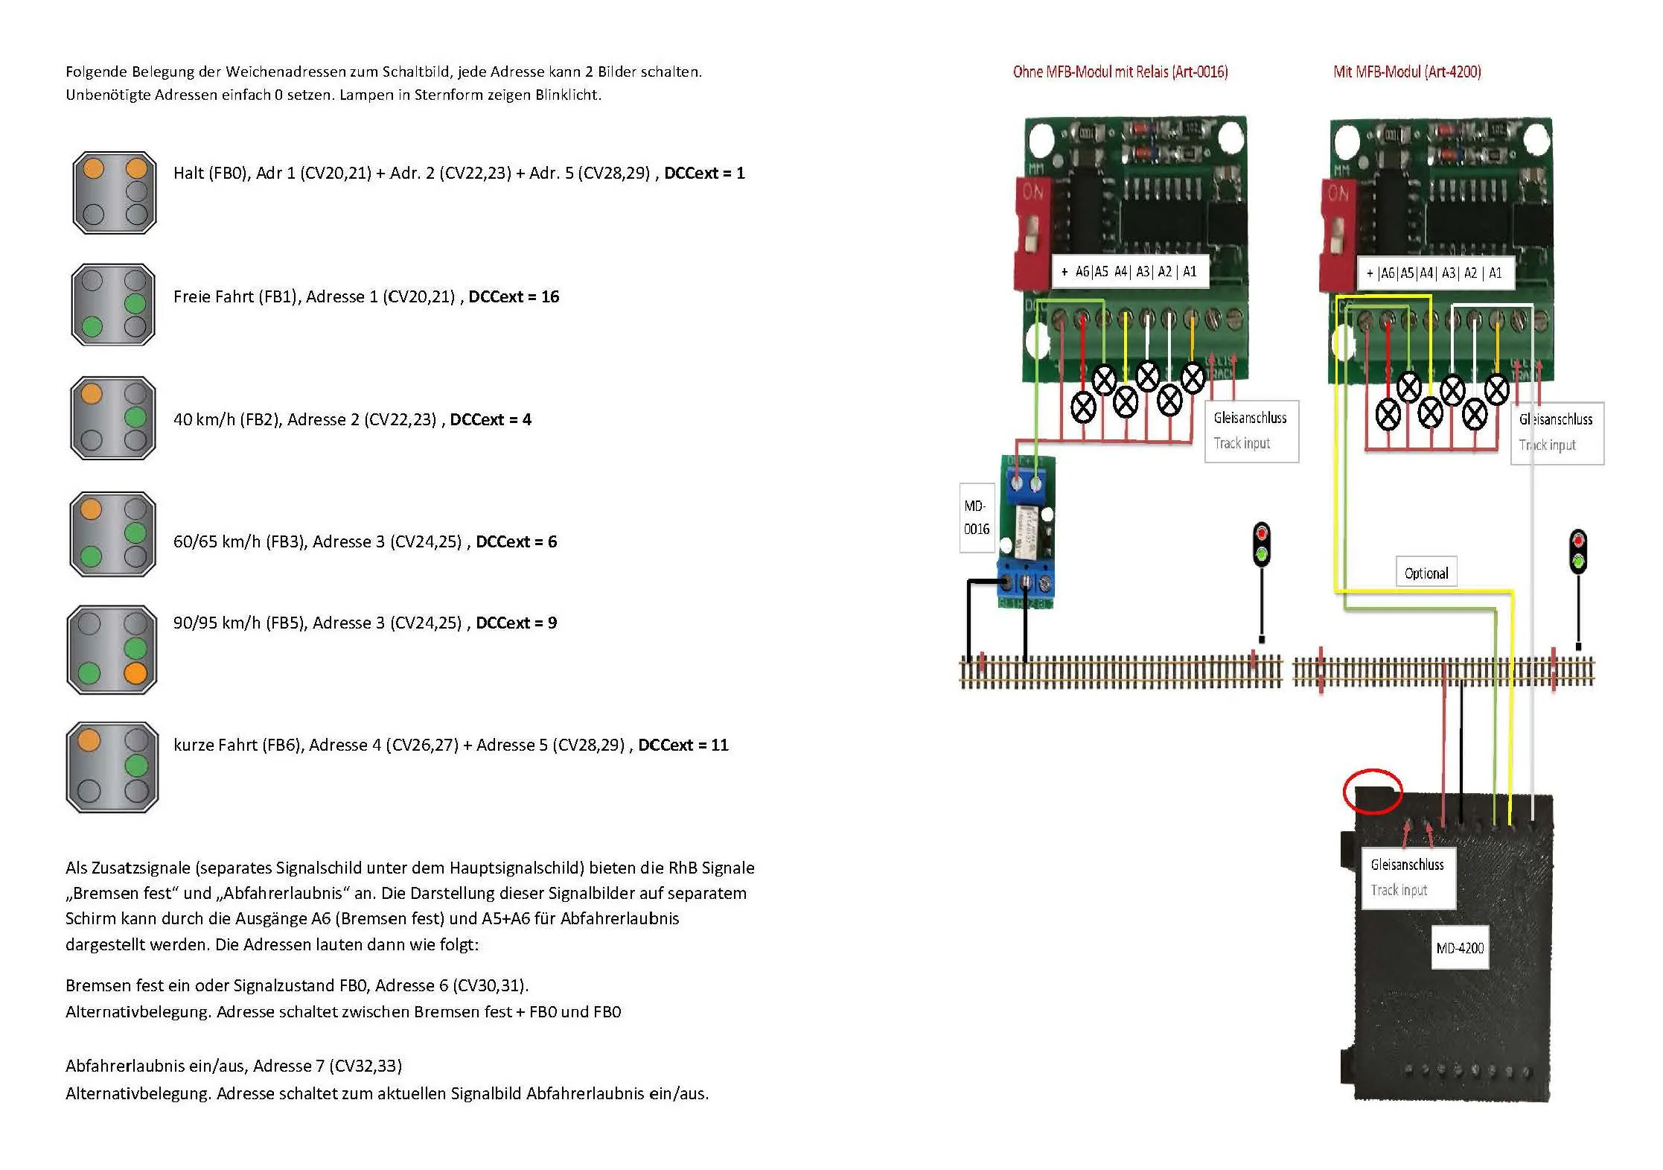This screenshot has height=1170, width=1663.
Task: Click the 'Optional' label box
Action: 1426,573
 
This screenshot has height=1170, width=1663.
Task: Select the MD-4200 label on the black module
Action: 1460,947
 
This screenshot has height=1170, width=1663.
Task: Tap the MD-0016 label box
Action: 977,518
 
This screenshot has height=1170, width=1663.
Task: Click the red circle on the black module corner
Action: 1373,791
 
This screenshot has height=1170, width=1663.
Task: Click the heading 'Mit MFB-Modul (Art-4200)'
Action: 1407,72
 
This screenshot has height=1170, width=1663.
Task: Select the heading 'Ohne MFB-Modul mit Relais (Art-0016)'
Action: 1120,72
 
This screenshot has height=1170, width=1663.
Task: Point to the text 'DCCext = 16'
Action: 514,296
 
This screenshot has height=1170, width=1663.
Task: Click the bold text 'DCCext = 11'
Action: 683,745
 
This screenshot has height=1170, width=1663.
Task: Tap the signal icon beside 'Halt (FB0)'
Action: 115,192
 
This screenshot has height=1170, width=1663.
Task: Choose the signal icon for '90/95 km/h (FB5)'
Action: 112,649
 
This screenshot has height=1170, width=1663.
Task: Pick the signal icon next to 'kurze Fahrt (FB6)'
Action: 112,767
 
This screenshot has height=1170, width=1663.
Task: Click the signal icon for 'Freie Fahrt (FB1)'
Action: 113,305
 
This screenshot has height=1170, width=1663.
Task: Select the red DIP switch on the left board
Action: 1032,232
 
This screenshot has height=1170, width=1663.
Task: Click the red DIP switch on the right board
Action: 1337,234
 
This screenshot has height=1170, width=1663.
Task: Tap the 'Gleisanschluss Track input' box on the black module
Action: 1408,877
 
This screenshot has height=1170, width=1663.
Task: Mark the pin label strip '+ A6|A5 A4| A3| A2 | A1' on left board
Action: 1129,272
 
